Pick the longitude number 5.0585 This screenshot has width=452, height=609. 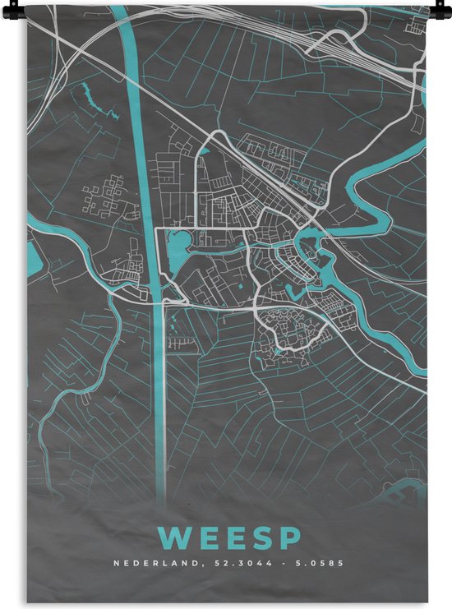(316, 564)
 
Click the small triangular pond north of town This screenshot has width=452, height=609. (205, 150)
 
